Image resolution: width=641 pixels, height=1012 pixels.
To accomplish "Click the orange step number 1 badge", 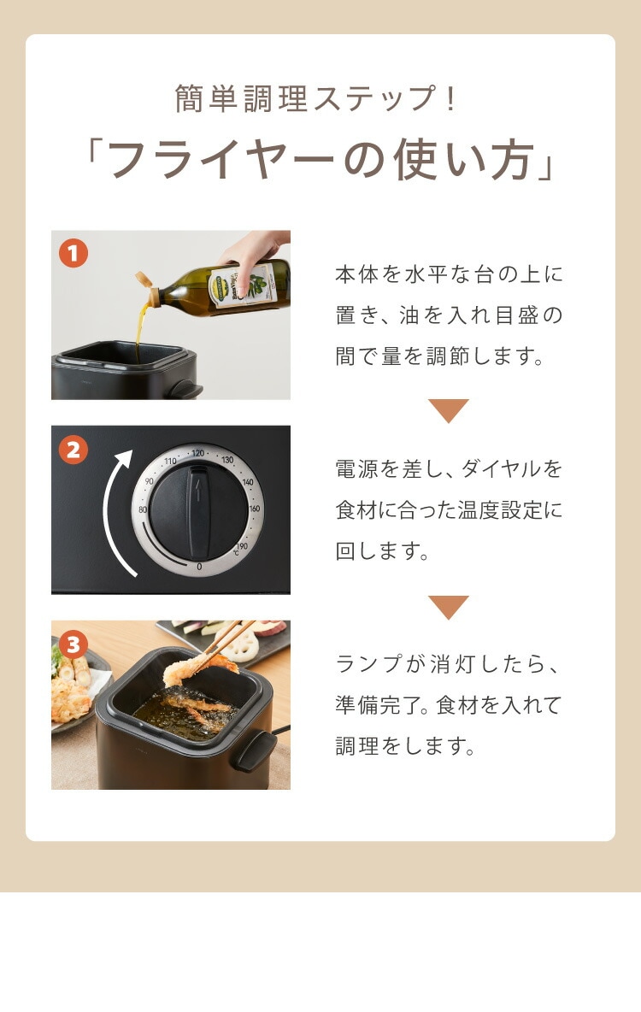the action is coord(73,254).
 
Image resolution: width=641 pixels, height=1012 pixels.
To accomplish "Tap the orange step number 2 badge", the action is coord(73,450).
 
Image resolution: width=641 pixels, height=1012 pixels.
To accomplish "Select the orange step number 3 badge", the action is coord(73,644).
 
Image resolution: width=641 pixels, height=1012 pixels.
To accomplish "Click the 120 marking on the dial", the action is coord(197,453).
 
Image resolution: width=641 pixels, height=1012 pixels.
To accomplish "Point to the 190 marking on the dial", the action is coord(241,547).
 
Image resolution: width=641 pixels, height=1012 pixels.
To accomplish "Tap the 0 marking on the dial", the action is coord(199,567).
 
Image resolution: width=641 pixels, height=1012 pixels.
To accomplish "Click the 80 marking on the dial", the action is coord(143,509).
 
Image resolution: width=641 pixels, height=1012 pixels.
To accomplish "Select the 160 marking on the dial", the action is coord(255,509).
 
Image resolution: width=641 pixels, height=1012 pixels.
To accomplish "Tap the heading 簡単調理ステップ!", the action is coord(316,98).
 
